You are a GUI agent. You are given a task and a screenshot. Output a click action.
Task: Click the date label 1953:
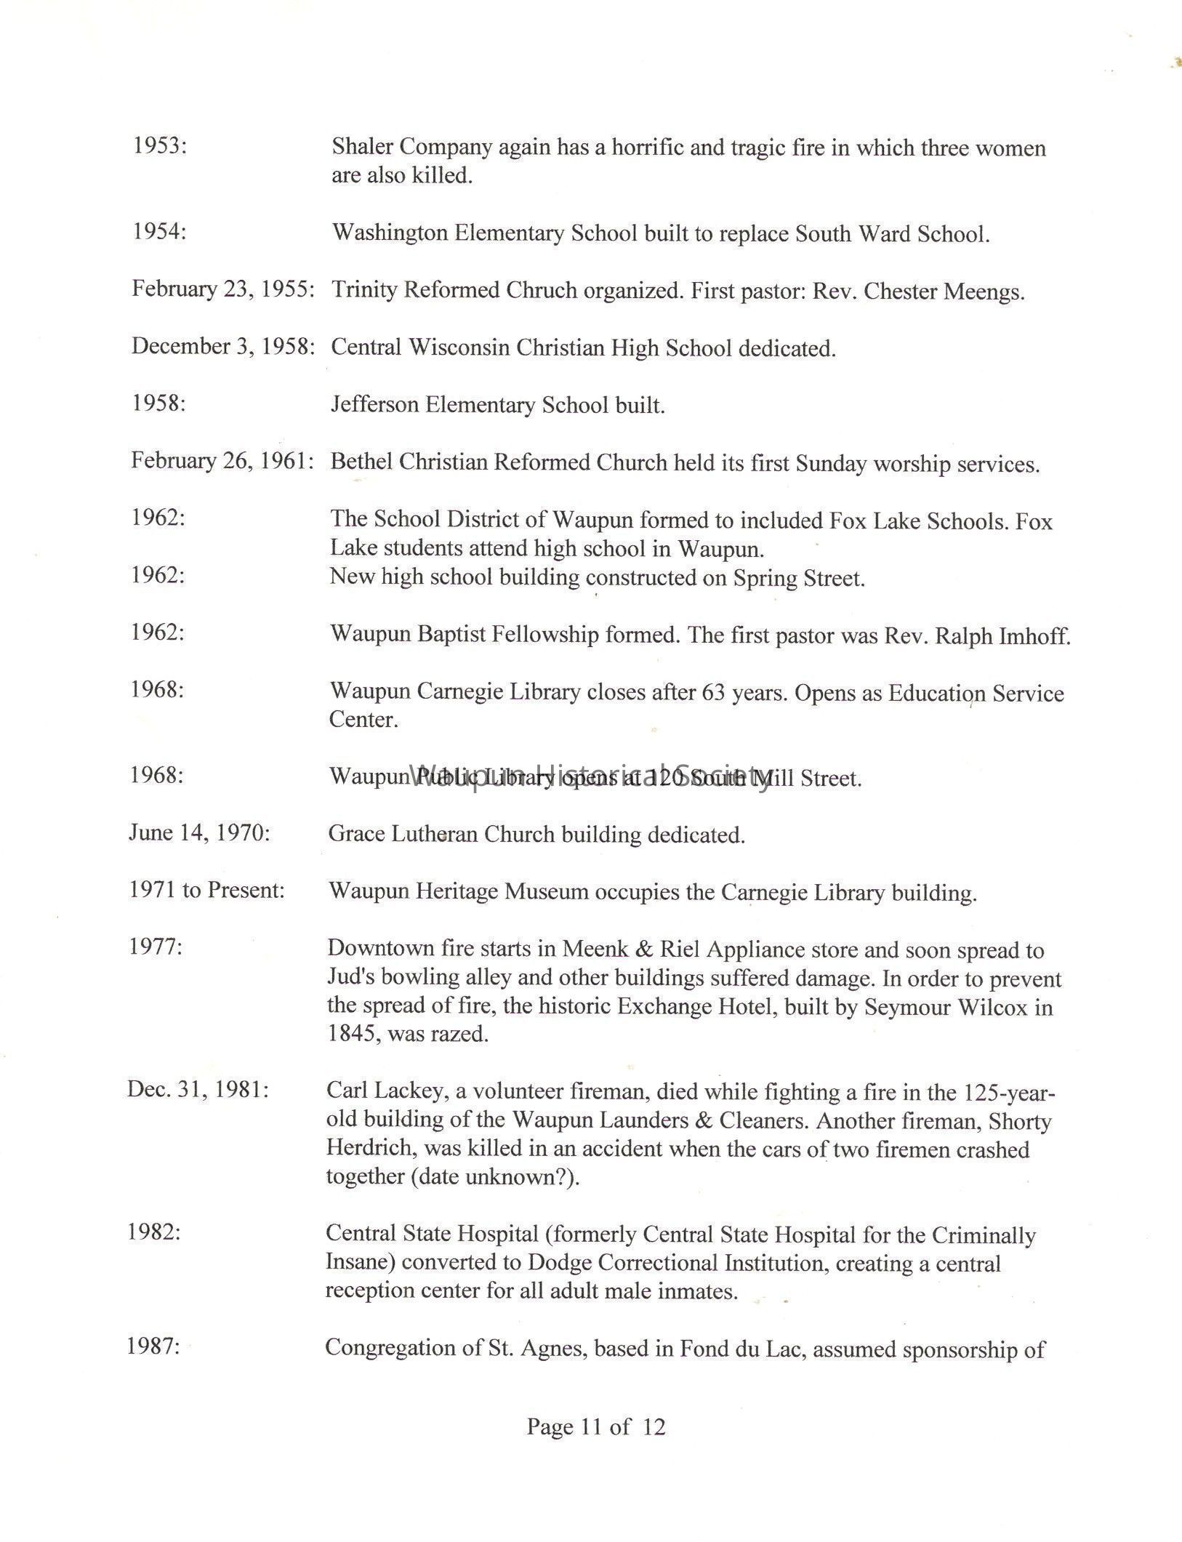click(x=159, y=146)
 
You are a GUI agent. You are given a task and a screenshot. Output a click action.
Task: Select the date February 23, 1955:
click(x=222, y=289)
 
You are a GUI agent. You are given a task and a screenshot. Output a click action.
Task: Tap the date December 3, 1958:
click(x=222, y=346)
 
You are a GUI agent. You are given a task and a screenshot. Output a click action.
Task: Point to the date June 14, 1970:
click(x=199, y=833)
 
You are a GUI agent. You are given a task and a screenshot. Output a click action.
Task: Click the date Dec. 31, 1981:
click(x=198, y=1090)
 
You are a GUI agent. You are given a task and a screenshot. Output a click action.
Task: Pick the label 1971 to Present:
click(x=207, y=890)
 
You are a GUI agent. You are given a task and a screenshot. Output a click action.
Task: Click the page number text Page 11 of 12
click(x=595, y=1427)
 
